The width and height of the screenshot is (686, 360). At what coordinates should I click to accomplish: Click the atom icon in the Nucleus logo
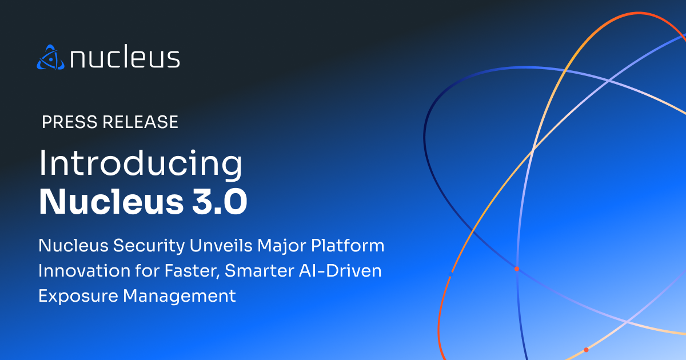50,57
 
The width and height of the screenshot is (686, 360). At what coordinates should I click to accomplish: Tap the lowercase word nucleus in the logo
125,58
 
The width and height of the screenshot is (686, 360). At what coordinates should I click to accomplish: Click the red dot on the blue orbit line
516,269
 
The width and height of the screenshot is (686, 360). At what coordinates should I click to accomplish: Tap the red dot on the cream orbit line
586,350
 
